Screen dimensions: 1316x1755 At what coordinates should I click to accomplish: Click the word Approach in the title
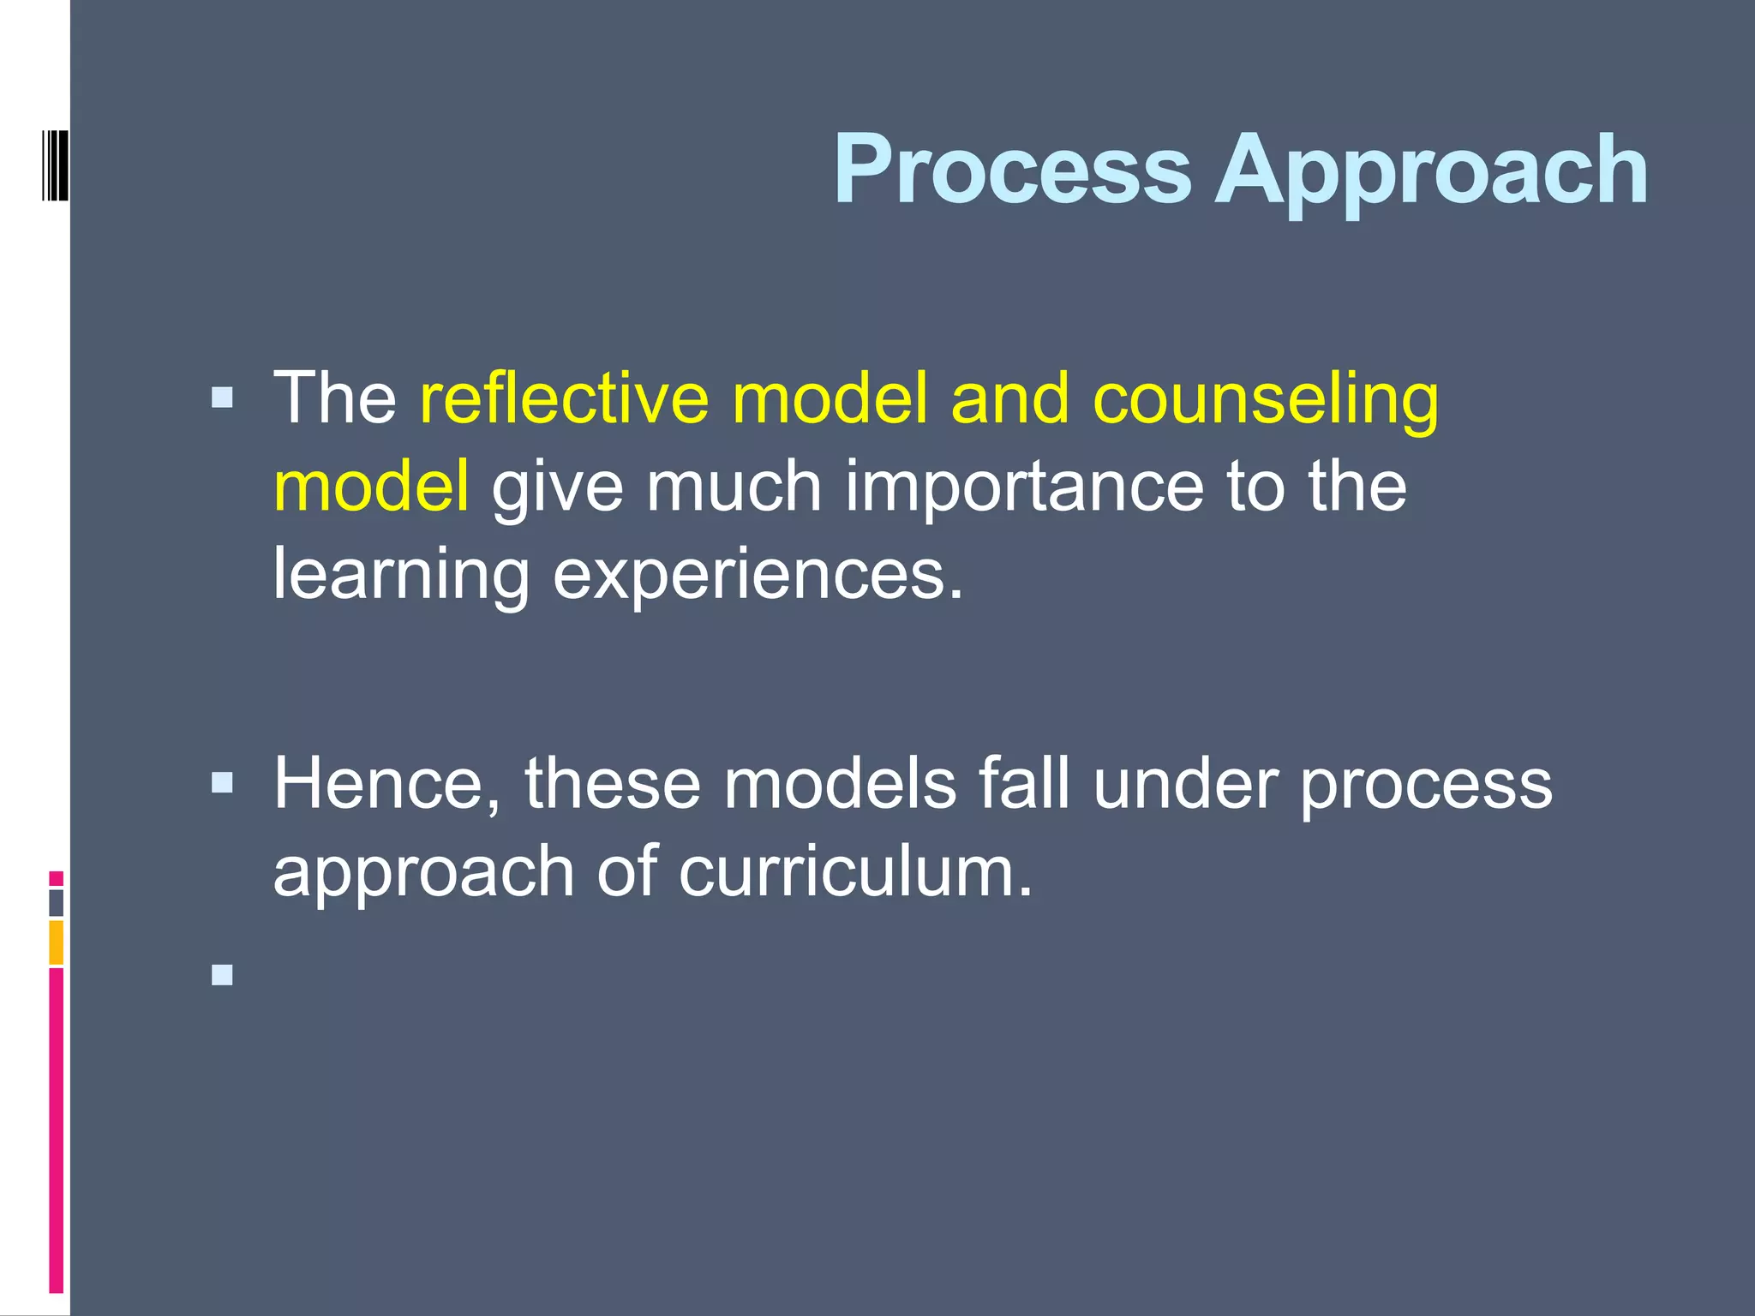tap(1430, 171)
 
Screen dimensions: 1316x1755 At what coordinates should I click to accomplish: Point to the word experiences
tap(758, 575)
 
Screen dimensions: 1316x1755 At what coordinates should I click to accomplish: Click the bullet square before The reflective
tap(222, 398)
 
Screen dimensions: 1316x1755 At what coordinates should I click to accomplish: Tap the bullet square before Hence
tap(222, 782)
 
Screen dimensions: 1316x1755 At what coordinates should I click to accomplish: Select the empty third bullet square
tap(222, 974)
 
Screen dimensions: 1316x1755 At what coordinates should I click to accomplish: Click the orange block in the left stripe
tap(56, 942)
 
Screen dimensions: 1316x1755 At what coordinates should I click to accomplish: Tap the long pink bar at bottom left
tap(56, 1131)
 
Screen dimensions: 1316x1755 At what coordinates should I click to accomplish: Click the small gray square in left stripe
tap(56, 903)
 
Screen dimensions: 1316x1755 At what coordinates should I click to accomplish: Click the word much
tap(734, 487)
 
